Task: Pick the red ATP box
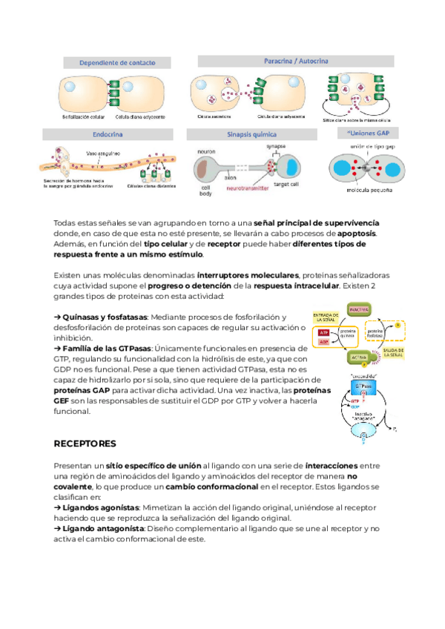point(323,333)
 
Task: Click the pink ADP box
point(323,343)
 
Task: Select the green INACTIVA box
point(359,307)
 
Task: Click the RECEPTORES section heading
point(85,444)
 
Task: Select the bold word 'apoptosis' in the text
point(356,233)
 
